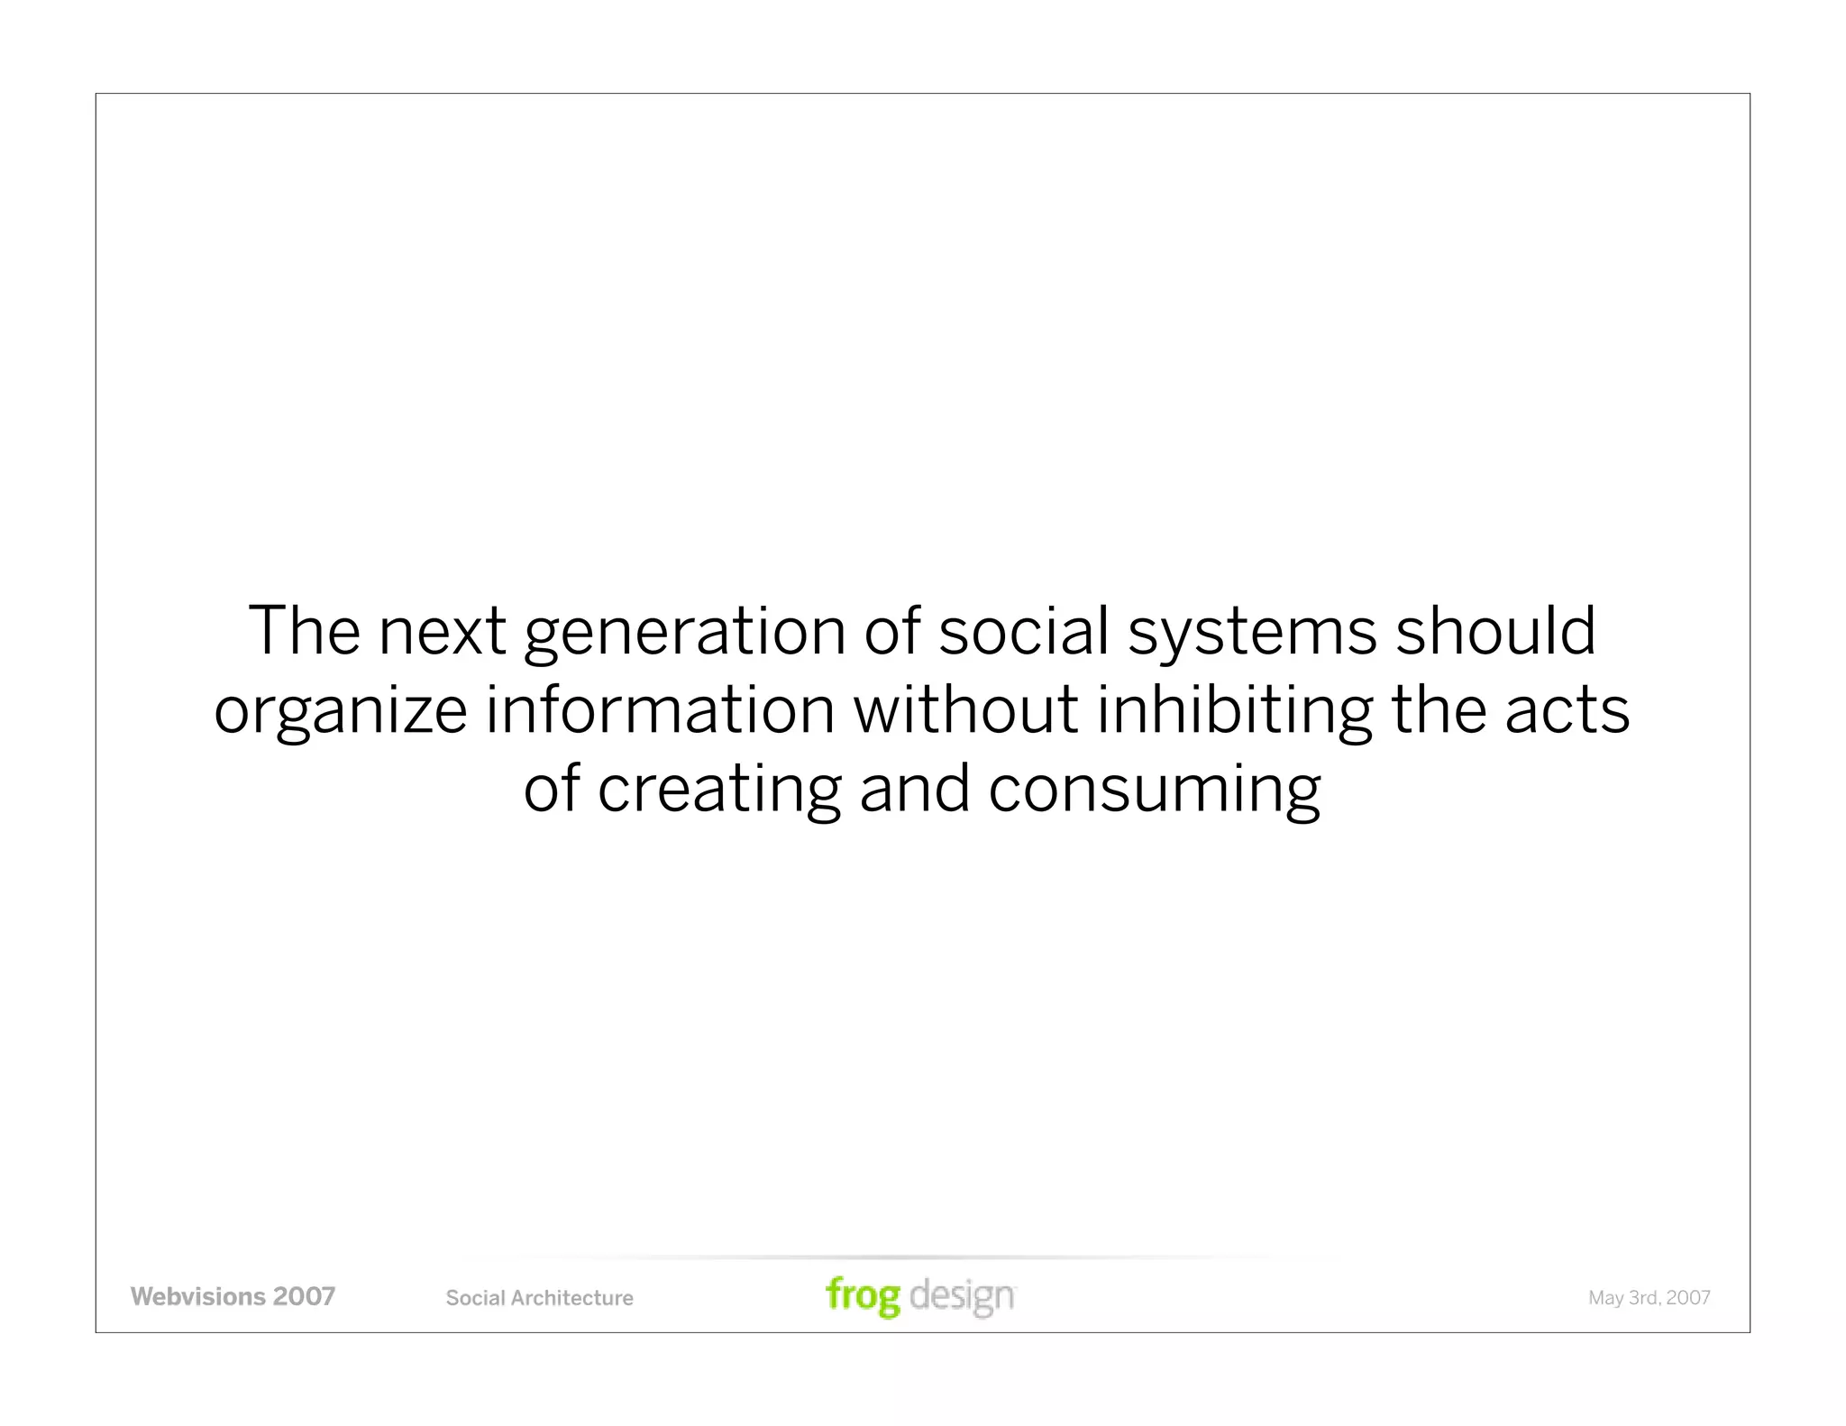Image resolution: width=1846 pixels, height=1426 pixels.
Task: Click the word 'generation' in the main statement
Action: (685, 631)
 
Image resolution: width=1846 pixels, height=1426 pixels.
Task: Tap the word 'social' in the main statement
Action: (1023, 631)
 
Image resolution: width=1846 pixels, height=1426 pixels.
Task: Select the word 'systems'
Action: (1252, 631)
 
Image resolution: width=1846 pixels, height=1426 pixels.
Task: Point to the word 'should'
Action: (1495, 631)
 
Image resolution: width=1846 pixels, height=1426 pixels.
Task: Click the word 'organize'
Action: (340, 710)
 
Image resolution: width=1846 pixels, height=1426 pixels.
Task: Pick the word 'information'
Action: (661, 710)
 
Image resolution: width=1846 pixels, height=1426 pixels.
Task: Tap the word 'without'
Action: (965, 710)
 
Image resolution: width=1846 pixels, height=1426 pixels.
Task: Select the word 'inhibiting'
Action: (1234, 710)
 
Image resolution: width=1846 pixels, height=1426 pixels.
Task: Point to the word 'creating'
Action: (718, 789)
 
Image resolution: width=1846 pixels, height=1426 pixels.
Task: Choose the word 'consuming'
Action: (1154, 789)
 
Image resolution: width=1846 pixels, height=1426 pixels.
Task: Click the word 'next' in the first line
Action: (442, 631)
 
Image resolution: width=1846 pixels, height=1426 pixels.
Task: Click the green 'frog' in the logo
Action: (863, 1296)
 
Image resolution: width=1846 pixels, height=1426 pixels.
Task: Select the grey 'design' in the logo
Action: (962, 1296)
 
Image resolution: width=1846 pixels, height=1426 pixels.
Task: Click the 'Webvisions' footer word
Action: (197, 1296)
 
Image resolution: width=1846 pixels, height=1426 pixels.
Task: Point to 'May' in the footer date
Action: (1605, 1298)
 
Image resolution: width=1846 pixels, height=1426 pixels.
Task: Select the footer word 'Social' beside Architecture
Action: (475, 1298)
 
